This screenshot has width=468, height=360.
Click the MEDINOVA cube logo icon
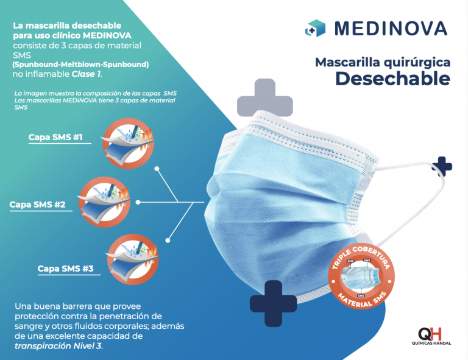315,29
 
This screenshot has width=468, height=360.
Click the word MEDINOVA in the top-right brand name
391,29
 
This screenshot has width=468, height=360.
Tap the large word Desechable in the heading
392,79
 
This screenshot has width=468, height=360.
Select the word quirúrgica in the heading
417,63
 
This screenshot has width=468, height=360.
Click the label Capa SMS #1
55,137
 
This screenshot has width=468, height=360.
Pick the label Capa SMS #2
37,205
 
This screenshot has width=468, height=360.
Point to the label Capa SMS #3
65,269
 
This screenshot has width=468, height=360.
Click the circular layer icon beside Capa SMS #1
129,144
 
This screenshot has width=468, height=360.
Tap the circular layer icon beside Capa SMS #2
104,202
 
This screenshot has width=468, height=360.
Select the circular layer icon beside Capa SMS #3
132,259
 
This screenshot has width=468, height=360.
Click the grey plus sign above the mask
264,97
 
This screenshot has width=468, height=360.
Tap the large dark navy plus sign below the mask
273,303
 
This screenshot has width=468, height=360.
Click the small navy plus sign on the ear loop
442,166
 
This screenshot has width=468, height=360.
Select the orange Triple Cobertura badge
361,277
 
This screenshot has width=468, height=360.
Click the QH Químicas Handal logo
431,336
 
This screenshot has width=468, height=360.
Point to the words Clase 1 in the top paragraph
86,74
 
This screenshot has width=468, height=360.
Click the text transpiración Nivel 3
58,346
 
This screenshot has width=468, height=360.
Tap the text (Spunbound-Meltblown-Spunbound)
80,65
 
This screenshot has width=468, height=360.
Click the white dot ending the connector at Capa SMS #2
138,202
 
